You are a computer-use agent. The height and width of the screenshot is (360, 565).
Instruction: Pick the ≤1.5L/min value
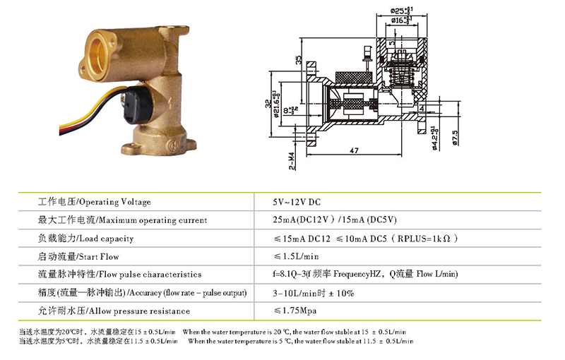click(x=296, y=256)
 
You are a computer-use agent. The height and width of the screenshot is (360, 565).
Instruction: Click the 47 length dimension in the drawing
click(x=354, y=150)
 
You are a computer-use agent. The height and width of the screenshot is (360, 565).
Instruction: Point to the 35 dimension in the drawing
click(x=299, y=62)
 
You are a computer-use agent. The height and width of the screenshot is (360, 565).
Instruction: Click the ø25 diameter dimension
click(x=396, y=11)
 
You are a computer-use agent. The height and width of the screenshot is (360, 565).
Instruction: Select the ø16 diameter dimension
click(x=398, y=21)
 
